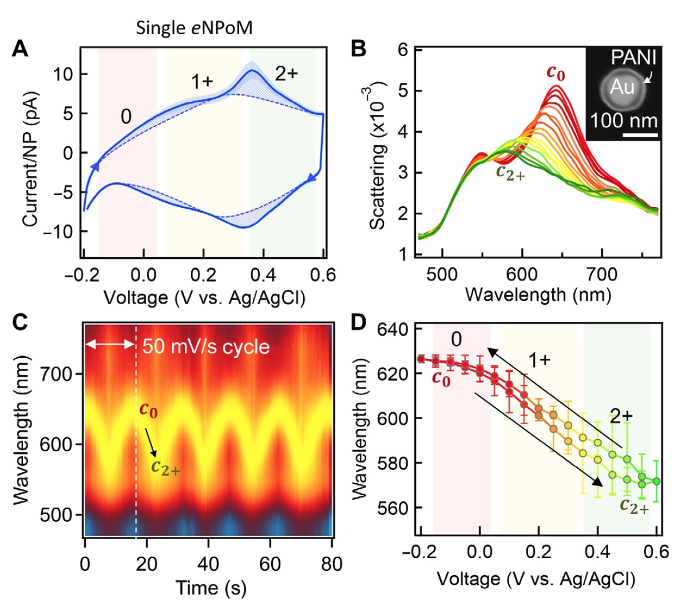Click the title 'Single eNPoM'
click(x=193, y=28)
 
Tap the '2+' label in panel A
click(x=286, y=74)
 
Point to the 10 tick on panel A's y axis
click(x=64, y=75)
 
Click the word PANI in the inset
click(x=633, y=58)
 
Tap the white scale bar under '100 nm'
click(x=640, y=135)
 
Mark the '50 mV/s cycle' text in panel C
click(x=206, y=346)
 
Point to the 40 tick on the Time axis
click(x=208, y=564)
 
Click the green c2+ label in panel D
click(x=634, y=507)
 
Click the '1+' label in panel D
click(x=538, y=361)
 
